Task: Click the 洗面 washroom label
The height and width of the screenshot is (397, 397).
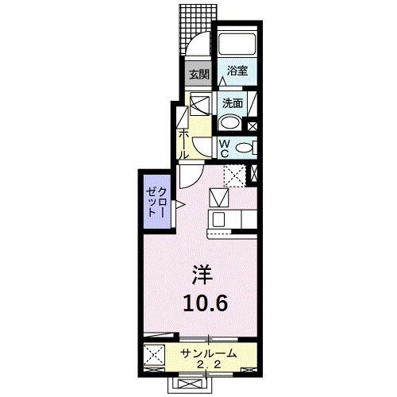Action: tap(232, 102)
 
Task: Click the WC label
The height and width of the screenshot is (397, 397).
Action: tap(224, 148)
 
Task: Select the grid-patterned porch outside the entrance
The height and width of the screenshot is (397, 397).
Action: tap(194, 28)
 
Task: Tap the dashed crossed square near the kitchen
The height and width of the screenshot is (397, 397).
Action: tap(233, 175)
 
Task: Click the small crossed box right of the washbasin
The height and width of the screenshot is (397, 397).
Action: tap(252, 124)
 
